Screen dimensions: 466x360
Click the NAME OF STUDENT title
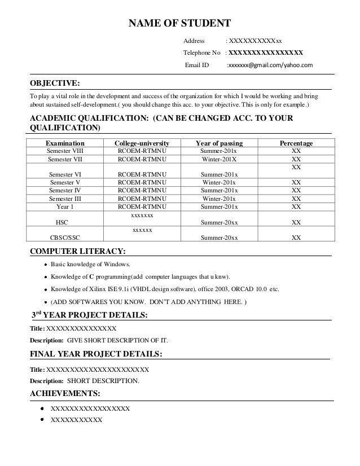(179, 23)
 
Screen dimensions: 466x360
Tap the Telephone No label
(201, 52)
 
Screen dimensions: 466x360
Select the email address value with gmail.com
(269, 65)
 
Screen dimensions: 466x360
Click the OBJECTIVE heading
(55, 83)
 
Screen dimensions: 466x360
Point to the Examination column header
(65, 143)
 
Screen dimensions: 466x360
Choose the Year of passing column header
(219, 143)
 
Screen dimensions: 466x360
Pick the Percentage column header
(296, 143)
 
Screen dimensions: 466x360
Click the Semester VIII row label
(65, 151)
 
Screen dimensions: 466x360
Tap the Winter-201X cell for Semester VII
(219, 160)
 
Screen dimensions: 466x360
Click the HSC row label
(62, 223)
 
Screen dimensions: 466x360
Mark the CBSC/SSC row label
(65, 238)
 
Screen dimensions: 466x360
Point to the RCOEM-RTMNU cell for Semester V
(142, 183)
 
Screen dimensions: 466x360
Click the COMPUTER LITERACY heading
(77, 251)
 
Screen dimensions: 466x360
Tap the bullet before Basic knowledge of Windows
(45, 265)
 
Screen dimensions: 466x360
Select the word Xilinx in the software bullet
(99, 289)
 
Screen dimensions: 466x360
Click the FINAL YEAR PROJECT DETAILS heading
(96, 354)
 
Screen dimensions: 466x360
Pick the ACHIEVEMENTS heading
(65, 393)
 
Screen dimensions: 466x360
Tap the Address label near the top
(195, 41)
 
